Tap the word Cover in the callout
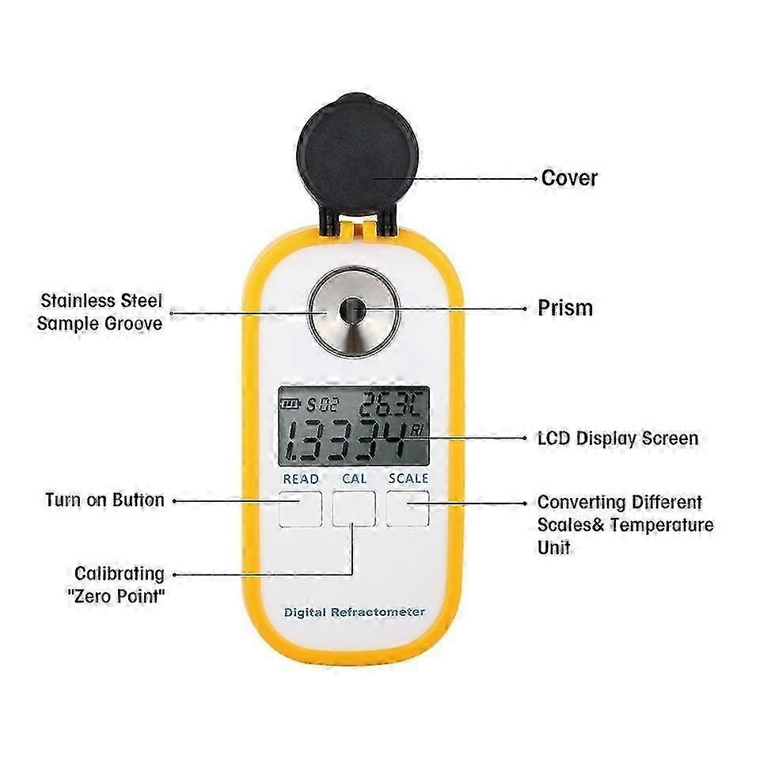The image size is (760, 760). pyautogui.click(x=568, y=177)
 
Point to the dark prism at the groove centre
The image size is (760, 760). pyautogui.click(x=351, y=310)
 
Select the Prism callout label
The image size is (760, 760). pyautogui.click(x=564, y=307)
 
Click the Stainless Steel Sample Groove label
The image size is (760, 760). pyautogui.click(x=101, y=312)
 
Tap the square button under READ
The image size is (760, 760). pyautogui.click(x=300, y=508)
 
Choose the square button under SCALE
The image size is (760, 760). pyautogui.click(x=408, y=508)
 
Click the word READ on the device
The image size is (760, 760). pyautogui.click(x=300, y=479)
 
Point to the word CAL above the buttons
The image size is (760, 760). pyautogui.click(x=354, y=479)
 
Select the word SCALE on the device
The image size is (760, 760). pyautogui.click(x=408, y=479)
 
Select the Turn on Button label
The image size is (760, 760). pyautogui.click(x=104, y=500)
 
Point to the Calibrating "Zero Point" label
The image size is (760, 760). pyautogui.click(x=120, y=584)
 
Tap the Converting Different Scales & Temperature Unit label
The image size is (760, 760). pyautogui.click(x=625, y=524)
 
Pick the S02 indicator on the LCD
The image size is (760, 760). pyautogui.click(x=321, y=405)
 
